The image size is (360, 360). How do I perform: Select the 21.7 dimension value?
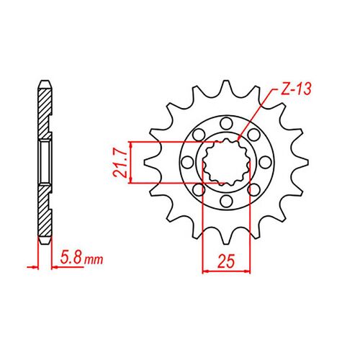123,162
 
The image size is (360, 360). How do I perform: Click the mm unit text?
91,257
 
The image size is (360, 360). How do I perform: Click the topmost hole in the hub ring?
226,122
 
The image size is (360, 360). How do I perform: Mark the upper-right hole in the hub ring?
252,135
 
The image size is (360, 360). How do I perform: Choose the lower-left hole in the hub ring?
199,189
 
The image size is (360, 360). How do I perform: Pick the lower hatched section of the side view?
44,212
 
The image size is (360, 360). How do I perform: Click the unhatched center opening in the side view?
44,162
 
